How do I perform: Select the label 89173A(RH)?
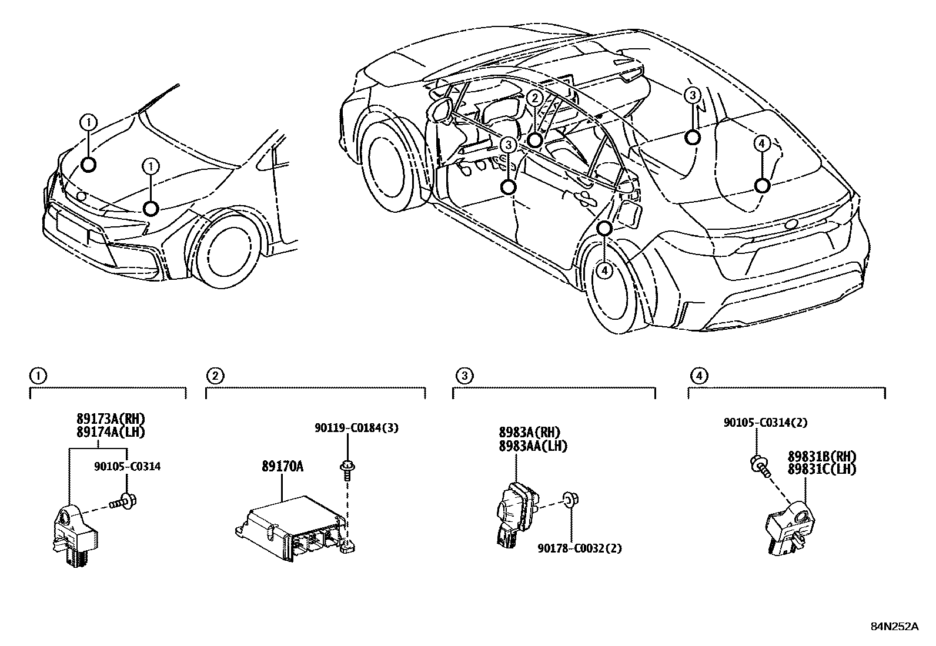point(110,419)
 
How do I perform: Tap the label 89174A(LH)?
point(110,431)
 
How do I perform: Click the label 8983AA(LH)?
point(533,446)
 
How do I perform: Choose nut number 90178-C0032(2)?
point(579,548)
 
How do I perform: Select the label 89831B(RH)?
point(822,457)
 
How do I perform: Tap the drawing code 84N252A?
point(894,626)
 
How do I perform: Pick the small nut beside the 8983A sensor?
point(569,500)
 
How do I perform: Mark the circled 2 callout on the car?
point(534,98)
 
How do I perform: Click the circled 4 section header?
point(697,375)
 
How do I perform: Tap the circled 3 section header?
point(464,375)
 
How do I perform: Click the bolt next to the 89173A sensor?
point(123,501)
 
